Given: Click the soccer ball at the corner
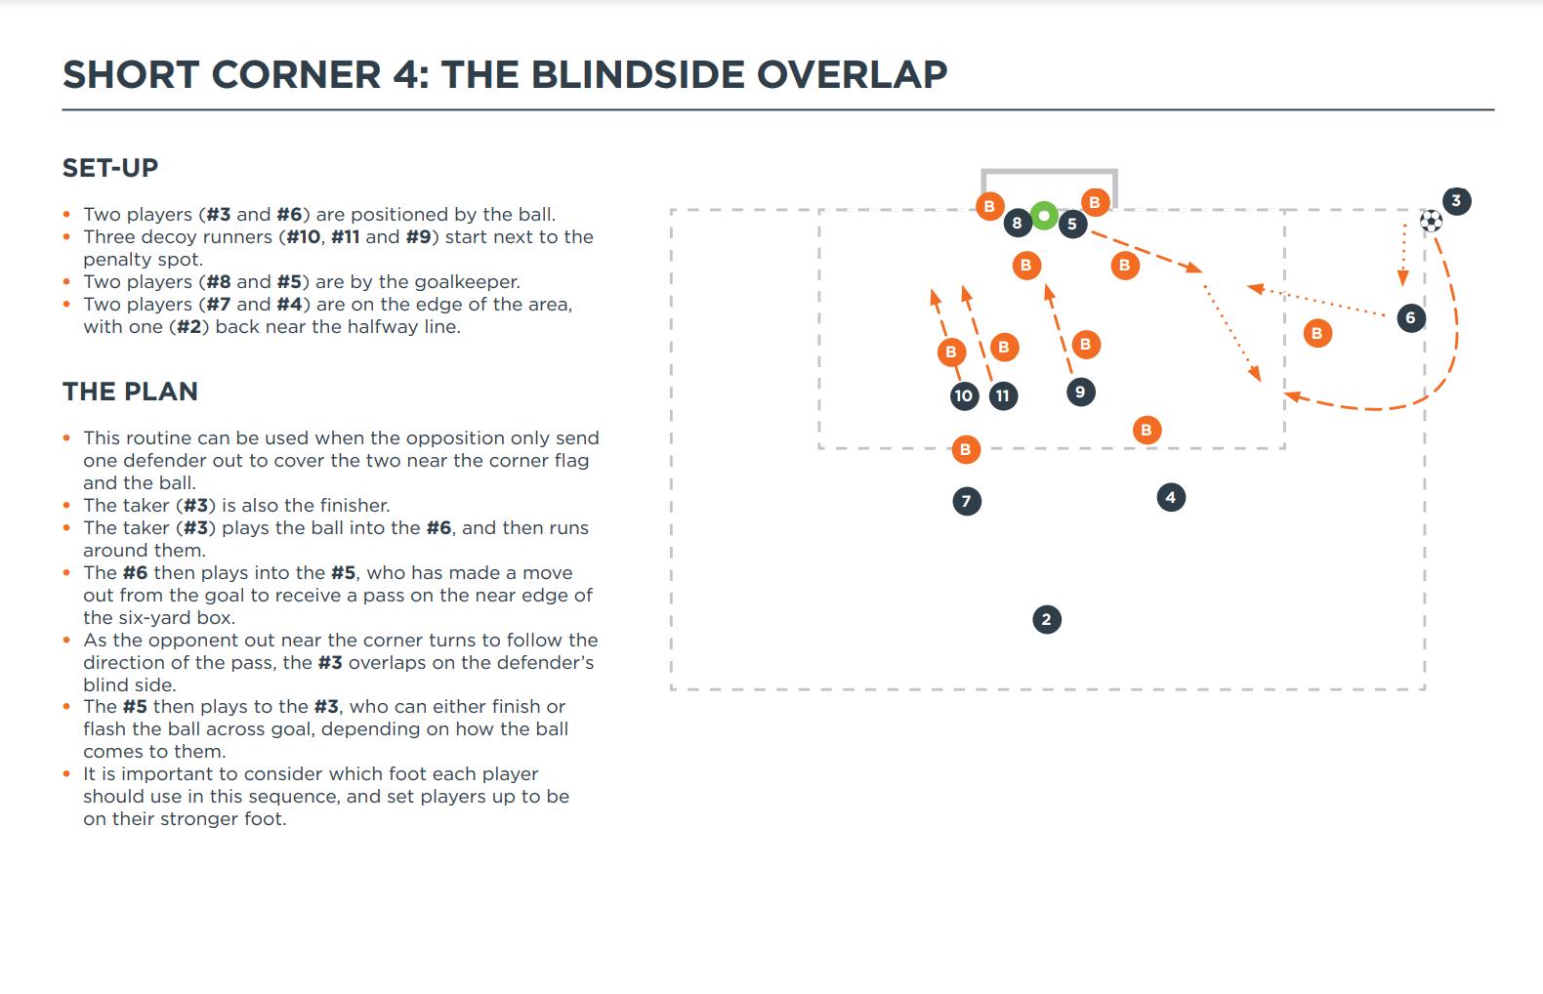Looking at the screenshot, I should click(x=1431, y=221).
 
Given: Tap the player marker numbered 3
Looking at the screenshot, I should click(x=1456, y=201).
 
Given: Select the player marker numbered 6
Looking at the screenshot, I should click(x=1410, y=317).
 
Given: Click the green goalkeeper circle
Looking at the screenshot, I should click(x=1044, y=216).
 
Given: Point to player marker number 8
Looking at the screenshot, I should click(x=1017, y=223).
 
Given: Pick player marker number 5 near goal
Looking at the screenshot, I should click(x=1072, y=224).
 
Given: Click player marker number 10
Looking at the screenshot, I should click(x=964, y=395).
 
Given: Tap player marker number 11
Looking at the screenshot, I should click(x=1003, y=395).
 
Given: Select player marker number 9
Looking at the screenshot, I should click(x=1080, y=392).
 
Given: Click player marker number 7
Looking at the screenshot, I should click(x=967, y=502).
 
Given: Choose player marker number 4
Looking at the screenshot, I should click(x=1171, y=498).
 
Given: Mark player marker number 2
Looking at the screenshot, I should click(x=1047, y=619).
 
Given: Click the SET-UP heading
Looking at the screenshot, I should click(x=110, y=168).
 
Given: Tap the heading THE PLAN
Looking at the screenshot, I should click(x=130, y=392).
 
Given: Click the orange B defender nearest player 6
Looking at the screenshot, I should click(x=1316, y=333).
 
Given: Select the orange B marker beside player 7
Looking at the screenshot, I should click(x=965, y=449).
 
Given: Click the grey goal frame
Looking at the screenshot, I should click(x=1049, y=174).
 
